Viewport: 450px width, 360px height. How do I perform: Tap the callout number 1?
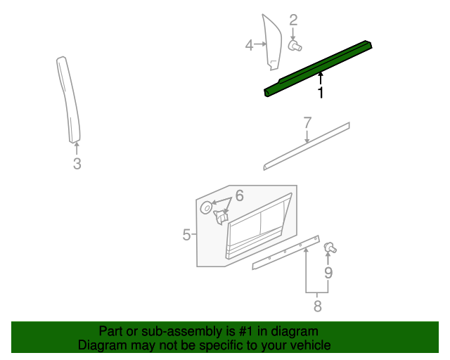point(321,93)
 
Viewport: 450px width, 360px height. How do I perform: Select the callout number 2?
point(293,20)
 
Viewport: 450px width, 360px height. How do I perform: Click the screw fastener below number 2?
point(294,46)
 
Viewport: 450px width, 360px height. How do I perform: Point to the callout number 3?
point(77,165)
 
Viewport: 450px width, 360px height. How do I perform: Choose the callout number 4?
point(249,46)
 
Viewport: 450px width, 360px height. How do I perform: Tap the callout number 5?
point(186,235)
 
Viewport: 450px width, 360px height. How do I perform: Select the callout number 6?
point(239,195)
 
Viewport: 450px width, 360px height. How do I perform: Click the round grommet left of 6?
point(207,207)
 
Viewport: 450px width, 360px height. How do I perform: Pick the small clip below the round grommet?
point(220,219)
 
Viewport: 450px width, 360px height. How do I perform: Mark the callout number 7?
point(307,123)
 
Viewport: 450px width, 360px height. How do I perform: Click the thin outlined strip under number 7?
point(306,147)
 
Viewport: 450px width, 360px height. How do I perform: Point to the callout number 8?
point(317,306)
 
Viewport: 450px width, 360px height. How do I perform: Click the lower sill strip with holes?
point(285,253)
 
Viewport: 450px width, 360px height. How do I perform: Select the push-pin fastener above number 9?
point(329,247)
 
